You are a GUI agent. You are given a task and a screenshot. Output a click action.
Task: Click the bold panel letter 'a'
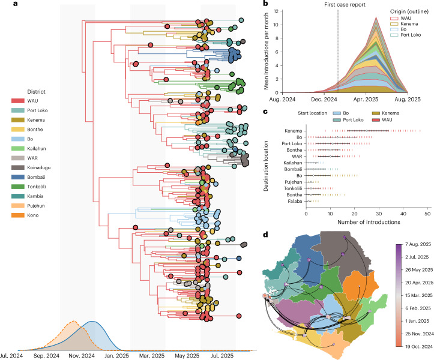click(15, 4)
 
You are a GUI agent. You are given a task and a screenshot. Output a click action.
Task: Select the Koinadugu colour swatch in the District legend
click(18, 167)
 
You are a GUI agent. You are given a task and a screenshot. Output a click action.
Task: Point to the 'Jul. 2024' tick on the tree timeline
click(11, 356)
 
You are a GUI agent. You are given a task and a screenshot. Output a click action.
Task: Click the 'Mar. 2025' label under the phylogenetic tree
click(152, 356)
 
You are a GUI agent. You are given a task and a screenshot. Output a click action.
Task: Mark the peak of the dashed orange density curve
click(74, 321)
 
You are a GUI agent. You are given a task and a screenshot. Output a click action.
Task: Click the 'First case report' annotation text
click(345, 5)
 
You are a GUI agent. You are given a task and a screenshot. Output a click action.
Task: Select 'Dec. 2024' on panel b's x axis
click(324, 100)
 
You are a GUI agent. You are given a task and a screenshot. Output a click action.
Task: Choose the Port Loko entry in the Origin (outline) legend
click(406, 35)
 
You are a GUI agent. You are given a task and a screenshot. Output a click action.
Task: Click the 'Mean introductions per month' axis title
click(267, 51)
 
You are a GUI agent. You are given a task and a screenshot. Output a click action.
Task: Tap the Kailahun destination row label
click(293, 163)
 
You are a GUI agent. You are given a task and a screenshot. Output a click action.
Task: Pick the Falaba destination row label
click(295, 201)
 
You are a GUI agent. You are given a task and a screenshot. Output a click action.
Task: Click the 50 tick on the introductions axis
click(427, 214)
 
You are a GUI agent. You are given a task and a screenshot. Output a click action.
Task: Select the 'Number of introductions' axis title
click(369, 222)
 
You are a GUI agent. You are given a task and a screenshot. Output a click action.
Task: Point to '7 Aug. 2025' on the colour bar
click(418, 244)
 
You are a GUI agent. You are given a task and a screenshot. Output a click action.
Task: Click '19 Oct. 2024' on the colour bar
click(419, 346)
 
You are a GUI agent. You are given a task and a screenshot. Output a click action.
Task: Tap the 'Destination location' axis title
click(266, 166)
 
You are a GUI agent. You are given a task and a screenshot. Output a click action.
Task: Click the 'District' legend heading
click(36, 92)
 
